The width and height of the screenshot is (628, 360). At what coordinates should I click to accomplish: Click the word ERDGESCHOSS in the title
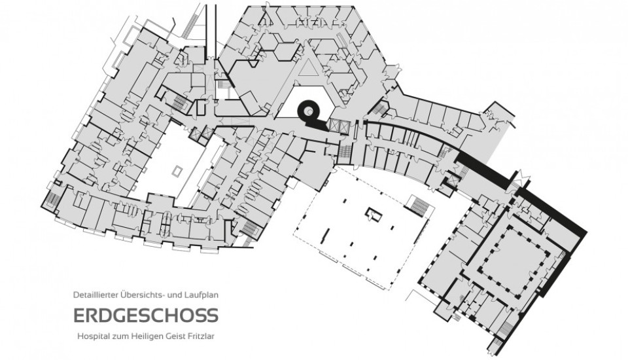[x=146, y=316]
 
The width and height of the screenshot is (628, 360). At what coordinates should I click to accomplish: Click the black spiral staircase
[x=308, y=112]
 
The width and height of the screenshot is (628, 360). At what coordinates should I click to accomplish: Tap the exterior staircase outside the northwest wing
[x=189, y=26]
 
